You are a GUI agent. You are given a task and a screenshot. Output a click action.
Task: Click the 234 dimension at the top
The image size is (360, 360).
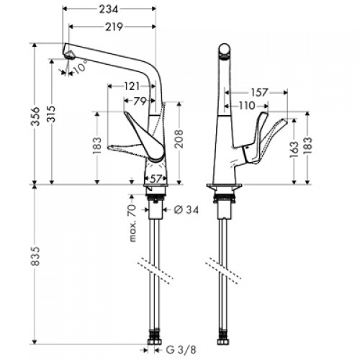click(109, 9)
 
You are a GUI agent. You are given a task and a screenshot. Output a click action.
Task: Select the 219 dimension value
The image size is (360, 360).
click(114, 27)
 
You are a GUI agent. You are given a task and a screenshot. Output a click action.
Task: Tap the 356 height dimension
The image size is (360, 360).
click(36, 116)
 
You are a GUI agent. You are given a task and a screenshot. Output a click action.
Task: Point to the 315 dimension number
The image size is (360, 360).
click(51, 114)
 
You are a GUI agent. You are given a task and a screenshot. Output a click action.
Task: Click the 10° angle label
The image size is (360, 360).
click(80, 67)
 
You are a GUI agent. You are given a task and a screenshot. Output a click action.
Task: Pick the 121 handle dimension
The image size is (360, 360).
click(132, 86)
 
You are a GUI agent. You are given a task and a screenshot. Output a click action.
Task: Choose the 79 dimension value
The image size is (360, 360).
click(140, 102)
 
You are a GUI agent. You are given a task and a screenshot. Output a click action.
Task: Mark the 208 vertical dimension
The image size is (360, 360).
click(179, 139)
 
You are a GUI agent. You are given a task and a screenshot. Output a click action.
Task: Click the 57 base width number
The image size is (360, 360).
click(156, 179)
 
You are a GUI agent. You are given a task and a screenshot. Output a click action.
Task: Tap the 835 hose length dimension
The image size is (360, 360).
click(35, 256)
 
